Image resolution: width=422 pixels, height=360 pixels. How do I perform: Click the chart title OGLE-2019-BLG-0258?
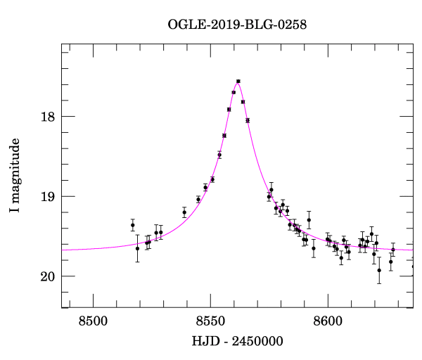[x=237, y=25]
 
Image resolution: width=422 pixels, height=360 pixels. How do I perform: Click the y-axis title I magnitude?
[x=15, y=176]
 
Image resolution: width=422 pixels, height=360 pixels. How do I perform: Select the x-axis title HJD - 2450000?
[x=237, y=341]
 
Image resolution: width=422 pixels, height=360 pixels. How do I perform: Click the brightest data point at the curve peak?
[x=238, y=82]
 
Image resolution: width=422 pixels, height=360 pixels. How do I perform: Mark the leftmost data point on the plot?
[x=132, y=225]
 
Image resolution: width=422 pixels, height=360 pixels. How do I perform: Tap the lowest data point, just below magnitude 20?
[x=379, y=270]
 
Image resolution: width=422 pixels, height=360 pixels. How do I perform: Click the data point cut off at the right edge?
[x=413, y=266]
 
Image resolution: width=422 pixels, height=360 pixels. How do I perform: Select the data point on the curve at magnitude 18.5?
[x=219, y=155]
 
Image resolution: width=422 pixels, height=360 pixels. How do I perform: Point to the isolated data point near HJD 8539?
[x=184, y=212]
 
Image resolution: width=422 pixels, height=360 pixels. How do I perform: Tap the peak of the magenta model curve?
[x=238, y=82]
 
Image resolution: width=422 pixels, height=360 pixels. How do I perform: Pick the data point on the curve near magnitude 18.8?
[x=212, y=179]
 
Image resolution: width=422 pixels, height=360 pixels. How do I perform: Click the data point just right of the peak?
[x=243, y=102]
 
